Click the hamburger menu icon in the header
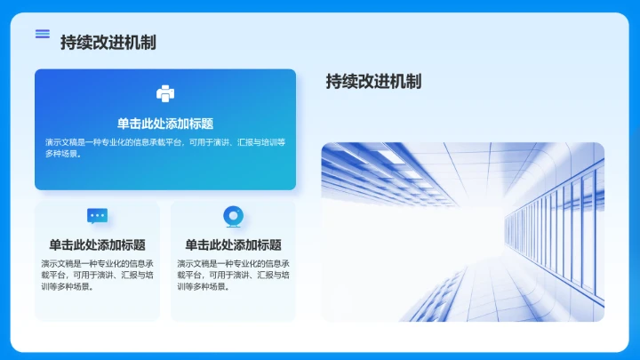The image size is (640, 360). tap(42, 34)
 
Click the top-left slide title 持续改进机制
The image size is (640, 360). tap(108, 42)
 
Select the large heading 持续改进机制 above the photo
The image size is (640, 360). tap(373, 82)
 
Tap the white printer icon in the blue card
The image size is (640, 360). tap(165, 93)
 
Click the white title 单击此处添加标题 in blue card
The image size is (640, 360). tap(165, 124)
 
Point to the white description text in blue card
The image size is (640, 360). tap(165, 148)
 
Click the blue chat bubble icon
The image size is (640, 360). tap(98, 216)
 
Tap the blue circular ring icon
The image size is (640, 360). tap(233, 216)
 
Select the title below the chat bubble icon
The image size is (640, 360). tap(98, 244)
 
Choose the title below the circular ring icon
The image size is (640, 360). tap(233, 244)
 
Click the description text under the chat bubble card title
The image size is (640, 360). tap(98, 275)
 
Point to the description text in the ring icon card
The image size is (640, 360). tap(233, 275)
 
